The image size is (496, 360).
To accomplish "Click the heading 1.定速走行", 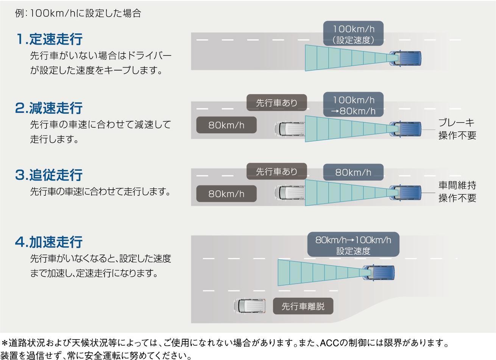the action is coord(49,39).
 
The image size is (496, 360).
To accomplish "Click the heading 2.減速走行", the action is coord(49,108).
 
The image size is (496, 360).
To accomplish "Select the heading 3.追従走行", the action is coord(49,175).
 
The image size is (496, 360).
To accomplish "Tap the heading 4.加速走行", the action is coord(49,242).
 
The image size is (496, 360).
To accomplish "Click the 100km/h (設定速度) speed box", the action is coord(353,33).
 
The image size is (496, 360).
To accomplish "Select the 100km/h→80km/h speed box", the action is coord(353,104).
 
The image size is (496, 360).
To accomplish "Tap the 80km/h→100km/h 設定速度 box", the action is coord(353,245).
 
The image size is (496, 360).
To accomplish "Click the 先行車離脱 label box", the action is coord(303,306).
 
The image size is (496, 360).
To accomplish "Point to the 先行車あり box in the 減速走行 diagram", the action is coord(277,103).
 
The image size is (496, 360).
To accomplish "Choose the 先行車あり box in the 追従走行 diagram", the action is coord(277,171).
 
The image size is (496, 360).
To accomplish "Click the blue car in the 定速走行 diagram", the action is coord(405,58).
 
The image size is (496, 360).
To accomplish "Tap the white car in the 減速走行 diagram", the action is coord(290,129).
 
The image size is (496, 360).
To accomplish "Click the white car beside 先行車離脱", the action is coord(250,306).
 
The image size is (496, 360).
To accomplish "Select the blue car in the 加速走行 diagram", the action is coord(378,273).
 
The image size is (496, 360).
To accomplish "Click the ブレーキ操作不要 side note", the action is coord(457,129).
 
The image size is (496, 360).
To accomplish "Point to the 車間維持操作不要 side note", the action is coord(457,192).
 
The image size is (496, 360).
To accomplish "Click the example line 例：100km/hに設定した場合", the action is coord(78,13).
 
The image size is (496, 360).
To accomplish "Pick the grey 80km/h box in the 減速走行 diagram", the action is coord(226,125).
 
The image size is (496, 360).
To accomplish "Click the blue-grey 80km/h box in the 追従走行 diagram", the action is coord(353,172).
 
